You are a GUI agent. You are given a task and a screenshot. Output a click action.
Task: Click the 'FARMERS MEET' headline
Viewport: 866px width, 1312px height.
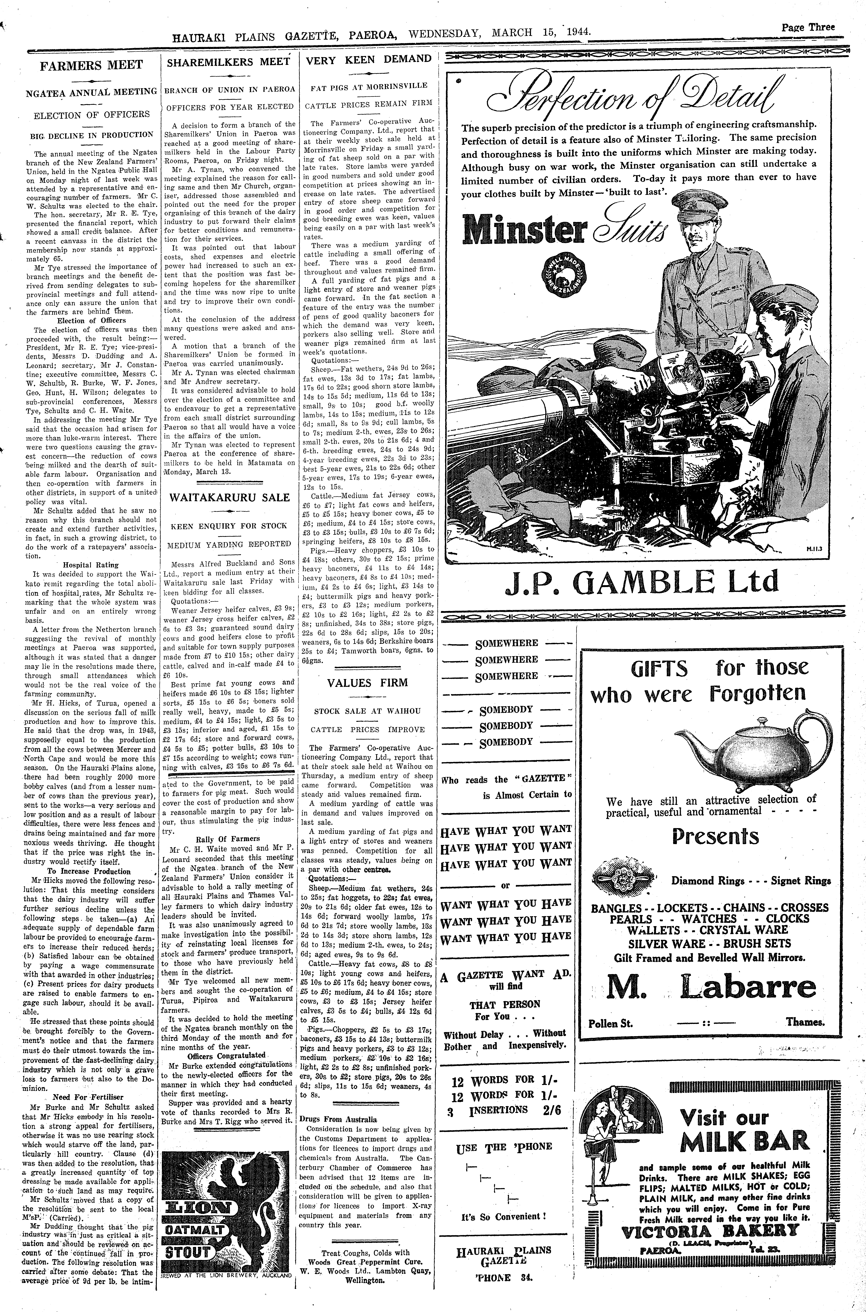tap(91, 65)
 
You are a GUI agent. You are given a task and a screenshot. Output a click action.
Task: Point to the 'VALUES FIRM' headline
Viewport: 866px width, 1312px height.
tap(367, 682)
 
